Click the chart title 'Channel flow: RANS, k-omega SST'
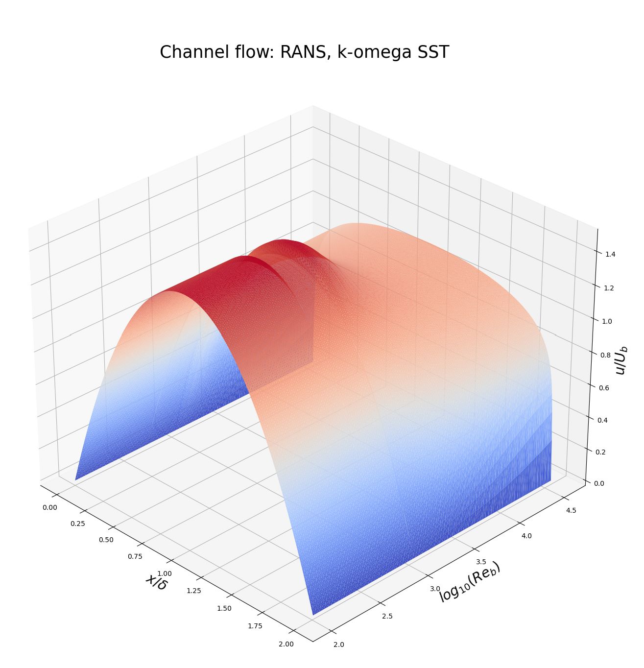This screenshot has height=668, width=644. click(x=304, y=52)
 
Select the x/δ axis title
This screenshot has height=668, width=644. click(x=156, y=581)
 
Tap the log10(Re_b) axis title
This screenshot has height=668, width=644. click(x=469, y=581)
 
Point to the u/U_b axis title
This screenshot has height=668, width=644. click(x=621, y=360)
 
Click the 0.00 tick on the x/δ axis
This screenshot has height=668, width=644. click(x=49, y=507)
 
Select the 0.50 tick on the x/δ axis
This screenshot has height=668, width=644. click(x=106, y=540)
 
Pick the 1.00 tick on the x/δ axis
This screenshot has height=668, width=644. click(x=165, y=573)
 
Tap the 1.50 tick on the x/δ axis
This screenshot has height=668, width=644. click(x=224, y=608)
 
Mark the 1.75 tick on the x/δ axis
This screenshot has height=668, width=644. click(x=255, y=625)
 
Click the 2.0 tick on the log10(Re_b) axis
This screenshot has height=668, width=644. click(x=338, y=644)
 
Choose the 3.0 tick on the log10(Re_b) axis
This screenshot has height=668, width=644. click(x=435, y=588)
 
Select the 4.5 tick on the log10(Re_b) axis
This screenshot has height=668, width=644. click(x=571, y=510)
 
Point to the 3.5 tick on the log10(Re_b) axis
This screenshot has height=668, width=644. click(x=481, y=561)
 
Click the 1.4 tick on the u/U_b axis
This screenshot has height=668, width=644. click(x=610, y=254)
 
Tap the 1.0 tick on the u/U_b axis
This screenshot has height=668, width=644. click(x=607, y=321)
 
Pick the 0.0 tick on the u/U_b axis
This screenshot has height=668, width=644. click(x=599, y=483)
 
